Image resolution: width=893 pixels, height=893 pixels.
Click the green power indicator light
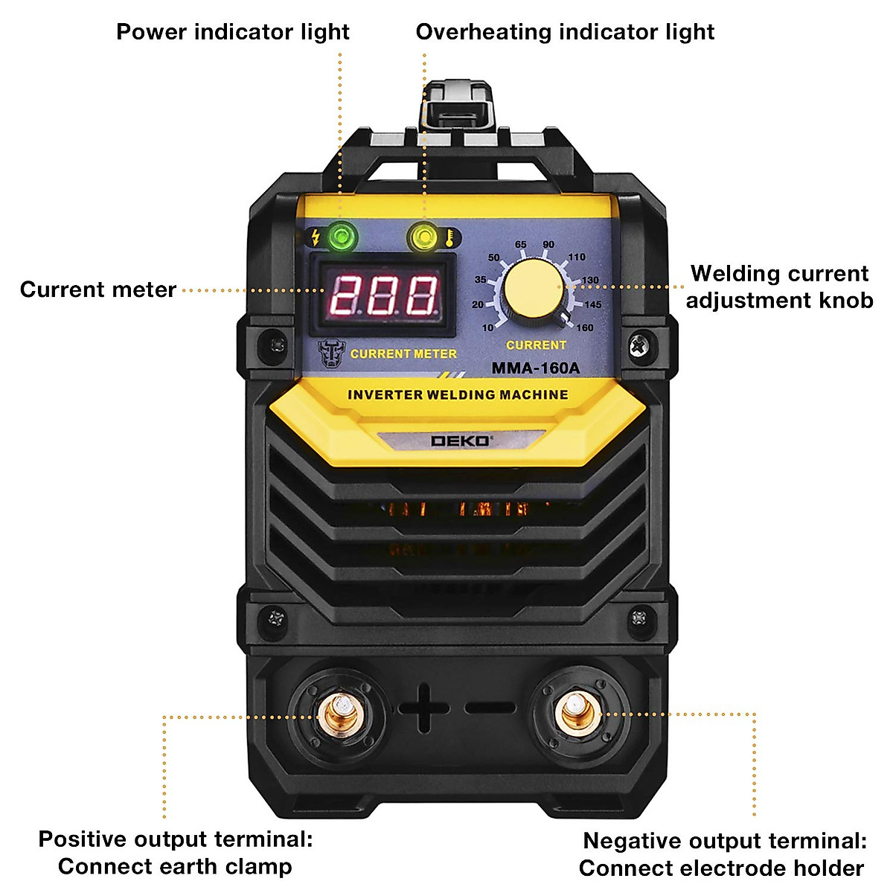point(342,238)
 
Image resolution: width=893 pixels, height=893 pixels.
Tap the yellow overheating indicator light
point(423,238)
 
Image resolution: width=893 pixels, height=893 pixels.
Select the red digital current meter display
point(383,295)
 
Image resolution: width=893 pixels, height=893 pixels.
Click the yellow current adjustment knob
point(533,289)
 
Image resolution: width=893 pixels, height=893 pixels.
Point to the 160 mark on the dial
point(585,327)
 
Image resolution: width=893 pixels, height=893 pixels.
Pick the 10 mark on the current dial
point(487,327)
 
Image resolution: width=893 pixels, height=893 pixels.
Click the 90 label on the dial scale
point(548,244)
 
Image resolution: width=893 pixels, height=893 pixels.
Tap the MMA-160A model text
point(535,368)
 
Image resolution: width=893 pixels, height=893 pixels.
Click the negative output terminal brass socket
point(574,712)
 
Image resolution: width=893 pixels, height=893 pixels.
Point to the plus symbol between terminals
point(423,708)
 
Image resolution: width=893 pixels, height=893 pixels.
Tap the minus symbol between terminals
point(490,708)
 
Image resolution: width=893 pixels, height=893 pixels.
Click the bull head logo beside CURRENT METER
point(331,353)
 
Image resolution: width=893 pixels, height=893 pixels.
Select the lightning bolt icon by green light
point(316,237)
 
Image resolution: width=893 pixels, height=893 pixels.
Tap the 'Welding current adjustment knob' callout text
point(778,287)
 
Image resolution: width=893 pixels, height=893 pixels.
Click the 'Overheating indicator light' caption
point(565,32)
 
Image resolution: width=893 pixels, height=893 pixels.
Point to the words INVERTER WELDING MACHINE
point(458,394)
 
